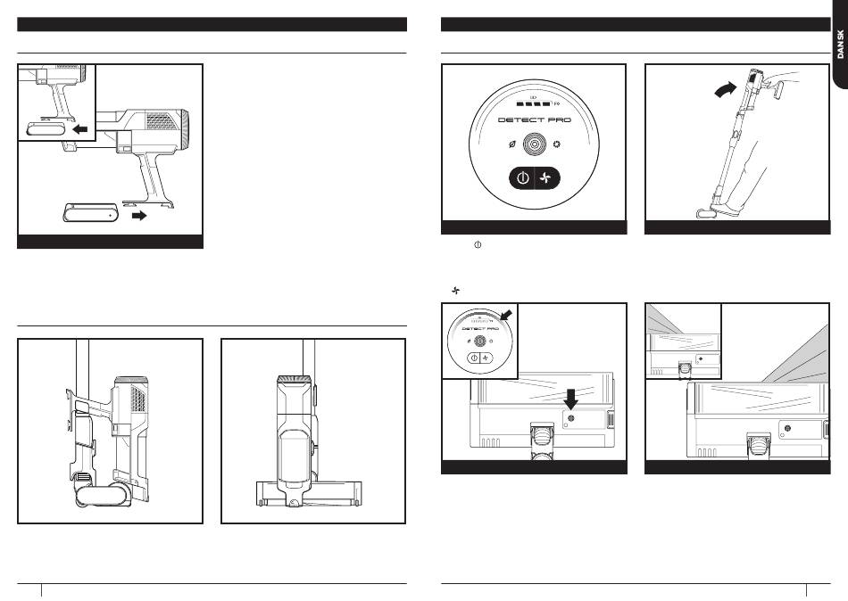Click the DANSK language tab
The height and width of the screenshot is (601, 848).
[x=838, y=45]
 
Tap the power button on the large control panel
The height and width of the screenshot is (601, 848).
[x=522, y=178]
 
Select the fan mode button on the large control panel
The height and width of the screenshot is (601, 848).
[x=546, y=178]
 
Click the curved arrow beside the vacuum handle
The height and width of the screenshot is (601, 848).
[x=726, y=89]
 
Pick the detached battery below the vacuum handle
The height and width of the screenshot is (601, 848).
[x=89, y=214]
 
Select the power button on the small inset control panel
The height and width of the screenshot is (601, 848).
[x=472, y=357]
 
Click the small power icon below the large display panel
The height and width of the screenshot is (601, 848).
[x=478, y=244]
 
